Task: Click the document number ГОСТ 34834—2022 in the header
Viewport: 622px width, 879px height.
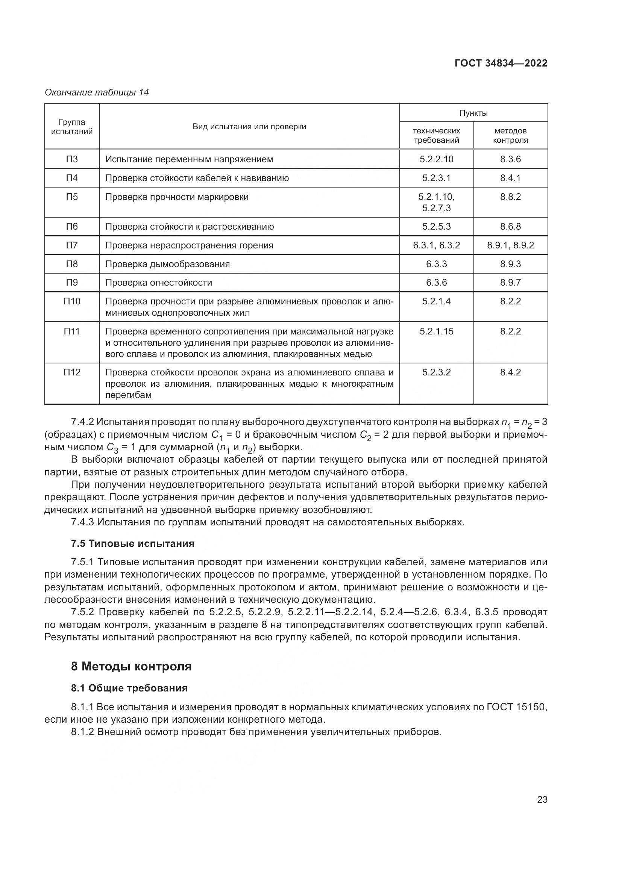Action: (501, 63)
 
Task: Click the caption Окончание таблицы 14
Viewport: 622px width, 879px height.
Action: (97, 92)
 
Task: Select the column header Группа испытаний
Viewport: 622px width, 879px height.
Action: (71, 127)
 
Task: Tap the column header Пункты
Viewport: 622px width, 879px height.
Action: (473, 113)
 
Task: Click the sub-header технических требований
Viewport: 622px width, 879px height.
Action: (436, 136)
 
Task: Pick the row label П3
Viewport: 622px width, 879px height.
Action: (71, 159)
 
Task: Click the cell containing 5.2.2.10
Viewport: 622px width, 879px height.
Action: (436, 159)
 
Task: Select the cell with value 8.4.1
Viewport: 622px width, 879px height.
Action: (510, 178)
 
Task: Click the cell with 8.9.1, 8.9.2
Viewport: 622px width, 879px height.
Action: (510, 245)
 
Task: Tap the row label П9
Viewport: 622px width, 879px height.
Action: (71, 283)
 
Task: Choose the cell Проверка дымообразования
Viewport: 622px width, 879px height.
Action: (167, 264)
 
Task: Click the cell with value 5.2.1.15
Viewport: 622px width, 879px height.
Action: (436, 331)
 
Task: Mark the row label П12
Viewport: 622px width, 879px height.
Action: (71, 372)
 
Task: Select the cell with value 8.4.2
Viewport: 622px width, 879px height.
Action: (510, 372)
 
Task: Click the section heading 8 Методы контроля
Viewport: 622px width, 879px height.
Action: (131, 666)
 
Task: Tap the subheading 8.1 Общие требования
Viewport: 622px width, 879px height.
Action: (129, 688)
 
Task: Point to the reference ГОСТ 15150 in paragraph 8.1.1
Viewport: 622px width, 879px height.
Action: (517, 707)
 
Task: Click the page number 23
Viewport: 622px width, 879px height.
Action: (542, 799)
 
